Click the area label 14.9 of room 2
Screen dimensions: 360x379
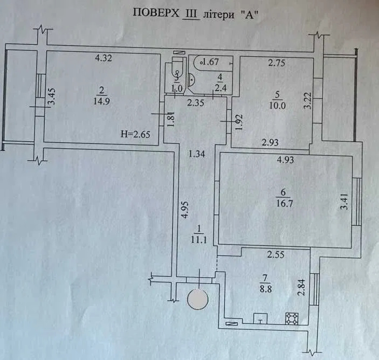[x=101, y=101]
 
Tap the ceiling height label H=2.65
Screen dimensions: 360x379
[x=135, y=134]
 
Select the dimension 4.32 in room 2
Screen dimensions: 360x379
[x=104, y=58]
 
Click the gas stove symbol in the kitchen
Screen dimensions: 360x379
[x=292, y=318]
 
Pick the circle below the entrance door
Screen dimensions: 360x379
[x=198, y=299]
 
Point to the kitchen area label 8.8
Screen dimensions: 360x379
[x=265, y=289]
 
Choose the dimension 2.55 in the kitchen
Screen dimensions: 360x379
[x=276, y=254]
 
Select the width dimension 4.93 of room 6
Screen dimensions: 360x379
[x=285, y=160]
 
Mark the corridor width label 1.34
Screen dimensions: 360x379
[x=196, y=154]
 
